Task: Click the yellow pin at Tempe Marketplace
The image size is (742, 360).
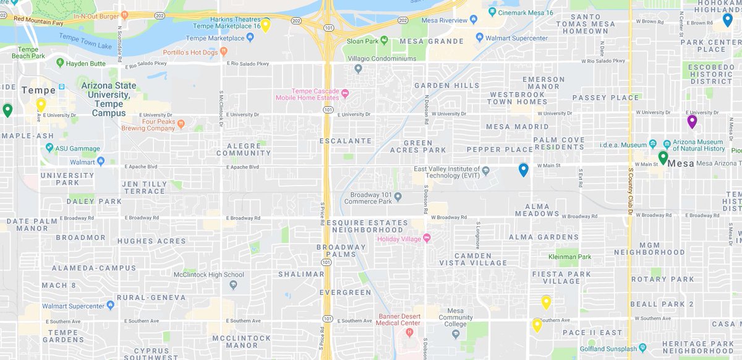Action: click(265, 25)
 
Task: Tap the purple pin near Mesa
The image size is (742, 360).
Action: click(692, 121)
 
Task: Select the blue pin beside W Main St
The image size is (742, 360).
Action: click(524, 169)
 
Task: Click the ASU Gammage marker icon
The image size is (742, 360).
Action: click(49, 148)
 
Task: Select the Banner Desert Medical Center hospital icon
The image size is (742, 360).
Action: click(409, 333)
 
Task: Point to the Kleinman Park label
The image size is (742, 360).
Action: click(569, 257)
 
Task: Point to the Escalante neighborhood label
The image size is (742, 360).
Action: click(345, 141)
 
